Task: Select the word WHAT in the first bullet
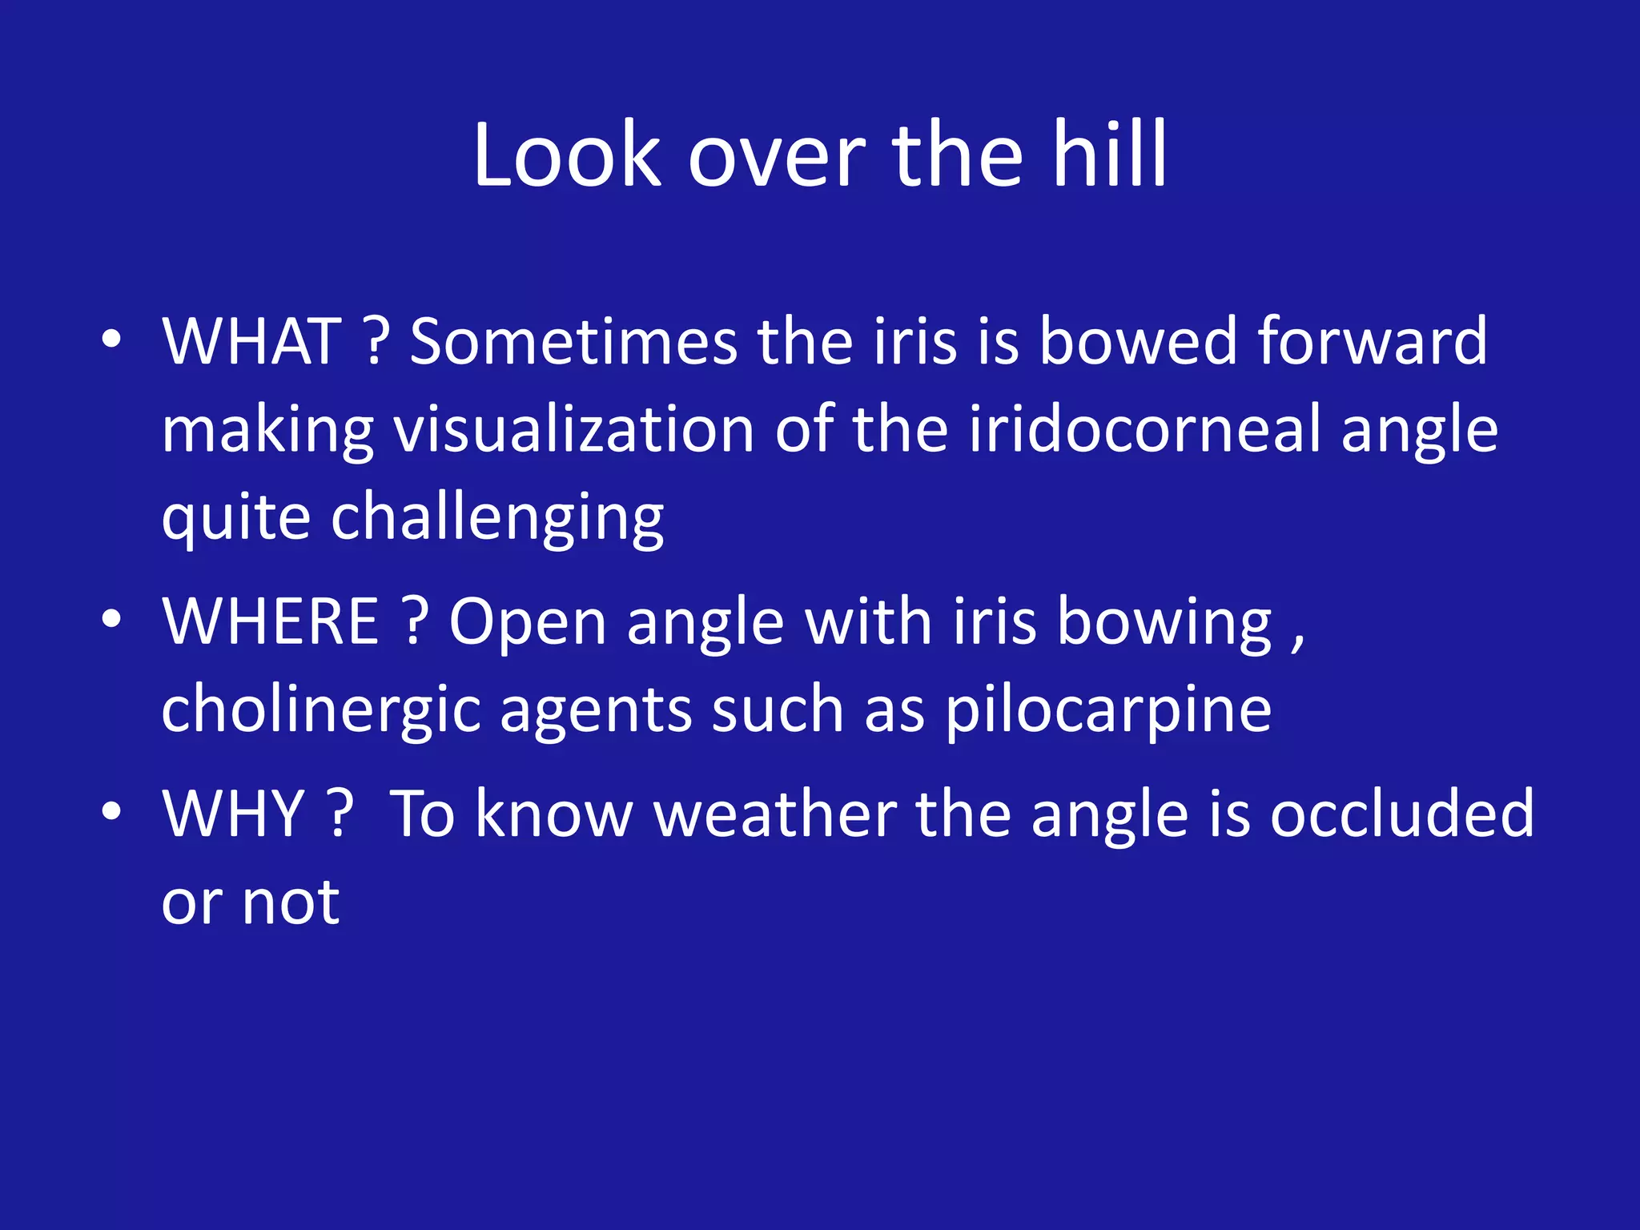click(x=252, y=342)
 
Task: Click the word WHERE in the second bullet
click(x=271, y=622)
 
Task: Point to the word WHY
click(x=234, y=814)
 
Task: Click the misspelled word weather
click(x=775, y=814)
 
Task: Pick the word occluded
click(x=1402, y=814)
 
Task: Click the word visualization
click(x=574, y=430)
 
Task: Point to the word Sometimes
click(x=573, y=342)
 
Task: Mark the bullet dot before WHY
click(x=111, y=811)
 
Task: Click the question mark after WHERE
click(x=414, y=622)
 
